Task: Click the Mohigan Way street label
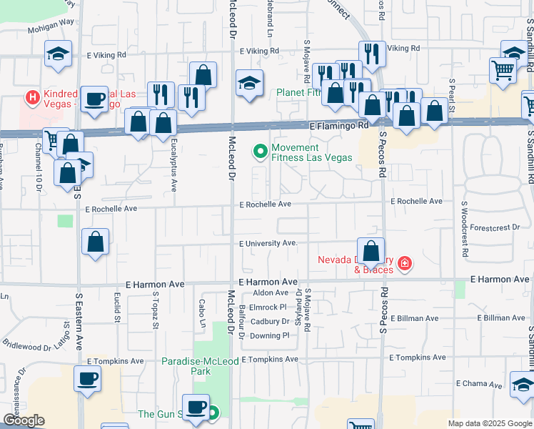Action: (x=51, y=31)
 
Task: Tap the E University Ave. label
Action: (x=268, y=243)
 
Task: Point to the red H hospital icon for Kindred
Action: (x=31, y=96)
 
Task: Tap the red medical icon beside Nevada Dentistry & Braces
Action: (x=404, y=265)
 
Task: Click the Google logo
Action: (x=24, y=420)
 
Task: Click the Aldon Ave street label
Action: (x=271, y=292)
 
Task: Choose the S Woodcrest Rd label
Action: (x=463, y=229)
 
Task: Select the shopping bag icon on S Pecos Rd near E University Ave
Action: (x=371, y=251)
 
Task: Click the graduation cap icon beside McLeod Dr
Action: (x=248, y=84)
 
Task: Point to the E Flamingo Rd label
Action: (x=339, y=125)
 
